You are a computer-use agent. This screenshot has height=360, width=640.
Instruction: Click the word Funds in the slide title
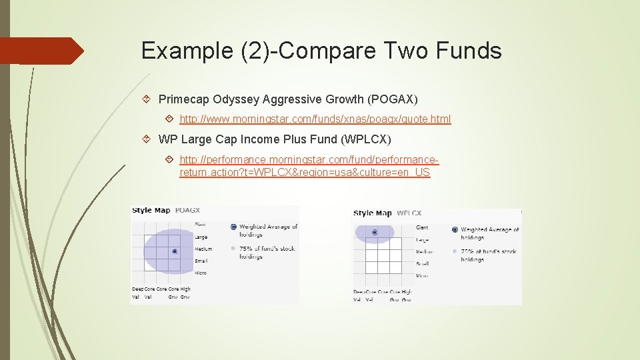[x=469, y=51]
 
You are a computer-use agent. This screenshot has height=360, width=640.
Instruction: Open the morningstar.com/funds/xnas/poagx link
[x=315, y=119]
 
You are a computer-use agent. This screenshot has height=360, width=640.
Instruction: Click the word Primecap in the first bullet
[x=184, y=99]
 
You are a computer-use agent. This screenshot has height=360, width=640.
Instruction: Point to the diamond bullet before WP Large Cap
[x=148, y=139]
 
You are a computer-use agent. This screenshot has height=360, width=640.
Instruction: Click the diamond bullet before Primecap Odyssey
[x=148, y=99]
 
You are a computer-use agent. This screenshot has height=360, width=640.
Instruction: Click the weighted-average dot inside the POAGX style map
[x=175, y=251]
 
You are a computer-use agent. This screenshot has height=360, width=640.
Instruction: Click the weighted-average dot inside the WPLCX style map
[x=375, y=233]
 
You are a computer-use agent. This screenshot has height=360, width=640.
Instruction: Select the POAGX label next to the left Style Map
[x=187, y=210]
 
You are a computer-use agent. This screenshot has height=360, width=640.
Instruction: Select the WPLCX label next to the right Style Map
[x=409, y=213]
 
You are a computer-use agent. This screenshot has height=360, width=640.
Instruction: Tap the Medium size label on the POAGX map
[x=203, y=249]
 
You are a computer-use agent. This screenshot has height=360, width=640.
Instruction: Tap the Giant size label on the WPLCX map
[x=422, y=227]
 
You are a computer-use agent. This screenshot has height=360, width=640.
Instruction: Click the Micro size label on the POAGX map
[x=200, y=273]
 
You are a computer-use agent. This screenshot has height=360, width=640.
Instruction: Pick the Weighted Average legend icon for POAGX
[x=233, y=227]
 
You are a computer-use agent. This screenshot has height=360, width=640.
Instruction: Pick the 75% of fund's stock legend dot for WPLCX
[x=455, y=251]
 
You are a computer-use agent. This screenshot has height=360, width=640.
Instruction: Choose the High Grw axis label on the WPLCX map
[x=407, y=295]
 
